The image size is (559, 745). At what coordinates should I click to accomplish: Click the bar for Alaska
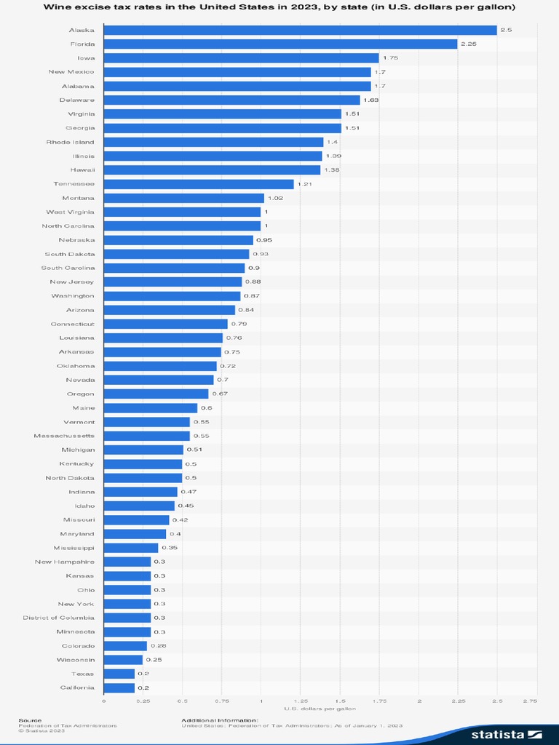click(300, 30)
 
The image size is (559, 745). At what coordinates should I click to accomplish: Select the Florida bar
click(280, 44)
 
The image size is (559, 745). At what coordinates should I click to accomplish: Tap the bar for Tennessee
click(199, 184)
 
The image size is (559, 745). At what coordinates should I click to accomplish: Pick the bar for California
click(119, 688)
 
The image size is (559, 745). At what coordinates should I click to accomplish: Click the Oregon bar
click(156, 394)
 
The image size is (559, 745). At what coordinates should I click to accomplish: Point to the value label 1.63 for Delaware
click(371, 100)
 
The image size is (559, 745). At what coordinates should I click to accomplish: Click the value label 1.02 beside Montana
click(275, 198)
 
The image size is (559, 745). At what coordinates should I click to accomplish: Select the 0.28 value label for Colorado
click(157, 646)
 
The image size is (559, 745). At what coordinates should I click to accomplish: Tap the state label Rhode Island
click(70, 142)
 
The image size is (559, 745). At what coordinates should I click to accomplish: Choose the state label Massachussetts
click(64, 436)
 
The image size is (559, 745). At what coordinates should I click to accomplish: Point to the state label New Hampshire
click(64, 562)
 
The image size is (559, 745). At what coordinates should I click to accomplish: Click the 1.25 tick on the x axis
click(301, 701)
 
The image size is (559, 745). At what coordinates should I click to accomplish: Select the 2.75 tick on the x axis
click(530, 701)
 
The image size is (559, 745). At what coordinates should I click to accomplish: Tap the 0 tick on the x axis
click(104, 701)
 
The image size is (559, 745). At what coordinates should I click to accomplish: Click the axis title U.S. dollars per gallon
click(320, 709)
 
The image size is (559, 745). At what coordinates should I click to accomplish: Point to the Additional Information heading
click(220, 720)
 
